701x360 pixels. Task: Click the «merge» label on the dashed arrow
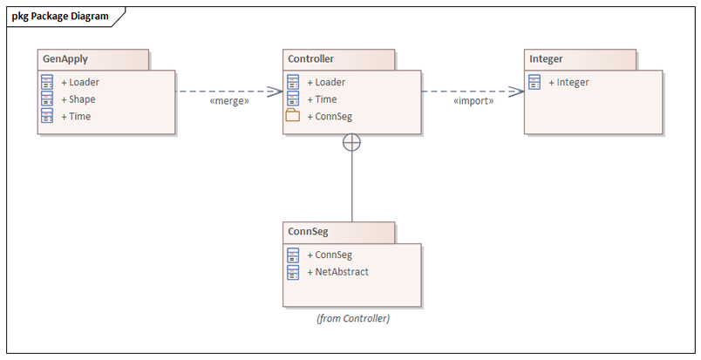pyautogui.click(x=229, y=101)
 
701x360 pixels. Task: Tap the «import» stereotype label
pyautogui.click(x=473, y=101)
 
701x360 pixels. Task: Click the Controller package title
pyautogui.click(x=310, y=58)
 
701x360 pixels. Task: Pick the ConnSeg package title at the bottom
pyautogui.click(x=308, y=232)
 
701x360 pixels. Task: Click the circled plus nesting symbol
pyautogui.click(x=352, y=143)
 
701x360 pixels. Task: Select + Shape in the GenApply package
pyautogui.click(x=78, y=99)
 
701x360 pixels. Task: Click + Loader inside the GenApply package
pyautogui.click(x=80, y=82)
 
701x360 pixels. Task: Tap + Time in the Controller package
pyautogui.click(x=322, y=99)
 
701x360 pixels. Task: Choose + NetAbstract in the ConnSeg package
pyautogui.click(x=338, y=272)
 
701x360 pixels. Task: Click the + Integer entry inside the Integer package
pyautogui.click(x=568, y=82)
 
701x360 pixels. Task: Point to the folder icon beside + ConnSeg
pyautogui.click(x=293, y=115)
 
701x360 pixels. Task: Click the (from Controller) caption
pyautogui.click(x=353, y=318)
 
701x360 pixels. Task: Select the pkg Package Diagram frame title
pyautogui.click(x=60, y=16)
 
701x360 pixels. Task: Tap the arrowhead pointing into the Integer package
pyautogui.click(x=517, y=92)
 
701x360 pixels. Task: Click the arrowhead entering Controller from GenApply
pyautogui.click(x=275, y=92)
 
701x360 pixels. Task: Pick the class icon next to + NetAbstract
pyautogui.click(x=293, y=272)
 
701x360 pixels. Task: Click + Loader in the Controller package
pyautogui.click(x=326, y=82)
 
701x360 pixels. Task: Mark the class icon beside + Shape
pyautogui.click(x=47, y=98)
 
